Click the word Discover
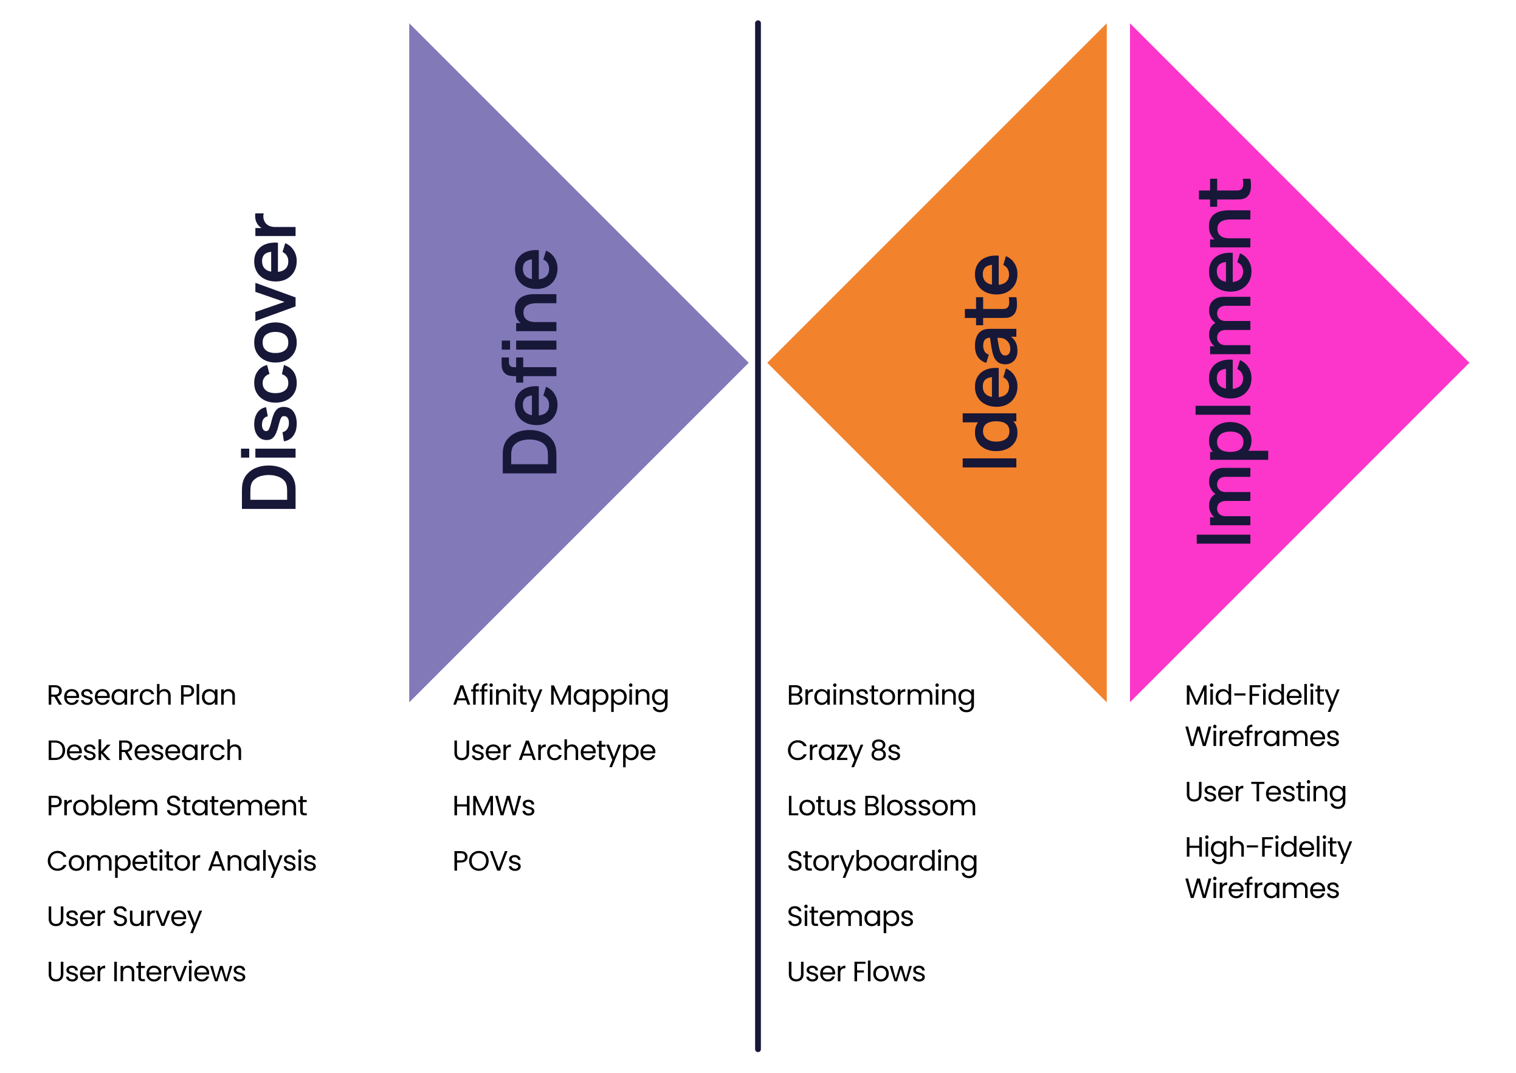(269, 361)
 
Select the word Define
(530, 361)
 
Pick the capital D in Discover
(269, 487)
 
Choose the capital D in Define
(530, 451)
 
